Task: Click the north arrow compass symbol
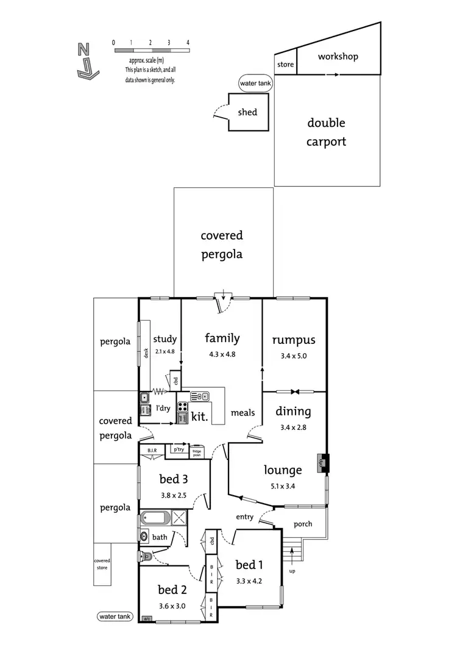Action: (x=87, y=61)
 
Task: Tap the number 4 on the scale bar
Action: (x=188, y=43)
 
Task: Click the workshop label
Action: (x=338, y=57)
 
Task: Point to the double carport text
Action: (x=326, y=132)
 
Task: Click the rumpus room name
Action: (x=294, y=340)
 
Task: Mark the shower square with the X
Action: (x=180, y=518)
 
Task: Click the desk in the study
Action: (x=146, y=354)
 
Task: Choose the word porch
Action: (x=303, y=524)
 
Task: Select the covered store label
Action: (x=102, y=565)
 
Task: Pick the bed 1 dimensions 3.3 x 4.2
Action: (x=249, y=581)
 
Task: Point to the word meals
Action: (x=243, y=413)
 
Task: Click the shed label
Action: (x=247, y=112)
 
